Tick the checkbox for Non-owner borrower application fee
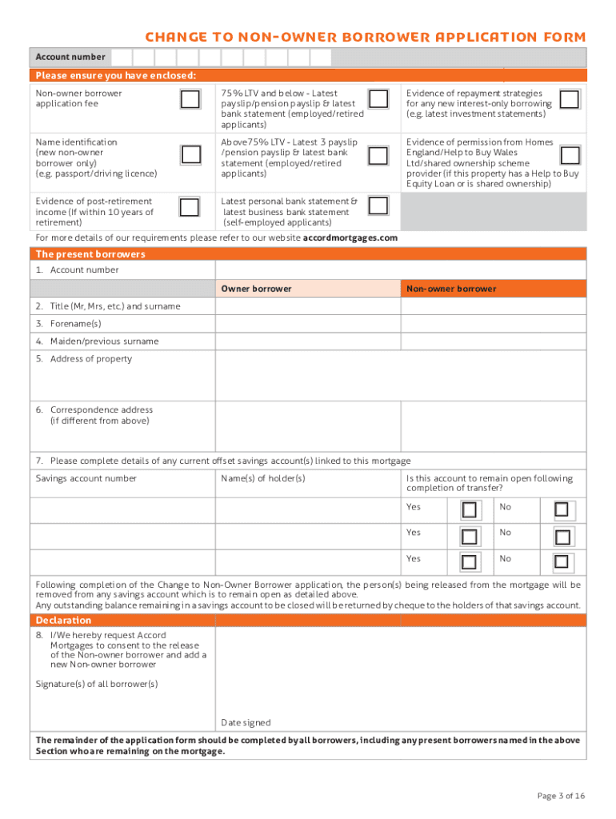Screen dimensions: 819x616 (x=190, y=99)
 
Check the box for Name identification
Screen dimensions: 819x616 (x=190, y=154)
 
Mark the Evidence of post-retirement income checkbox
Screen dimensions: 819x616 (x=190, y=207)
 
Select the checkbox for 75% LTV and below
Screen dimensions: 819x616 (x=378, y=99)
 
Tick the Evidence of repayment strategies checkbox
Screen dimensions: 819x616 (x=570, y=99)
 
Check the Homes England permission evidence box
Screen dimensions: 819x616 (x=570, y=154)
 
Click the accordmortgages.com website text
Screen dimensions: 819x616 (x=350, y=238)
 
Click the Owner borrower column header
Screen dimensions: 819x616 (x=256, y=289)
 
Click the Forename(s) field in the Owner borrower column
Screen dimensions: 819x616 (x=307, y=324)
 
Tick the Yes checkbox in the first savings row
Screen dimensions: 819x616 (x=470, y=509)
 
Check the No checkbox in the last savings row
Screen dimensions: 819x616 (x=562, y=561)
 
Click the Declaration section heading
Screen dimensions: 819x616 (x=64, y=621)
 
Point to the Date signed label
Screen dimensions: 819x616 (x=246, y=722)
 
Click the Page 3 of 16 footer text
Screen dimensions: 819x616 (x=561, y=795)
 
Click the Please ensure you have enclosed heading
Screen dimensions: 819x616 (x=116, y=76)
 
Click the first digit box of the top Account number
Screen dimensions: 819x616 (x=122, y=57)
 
